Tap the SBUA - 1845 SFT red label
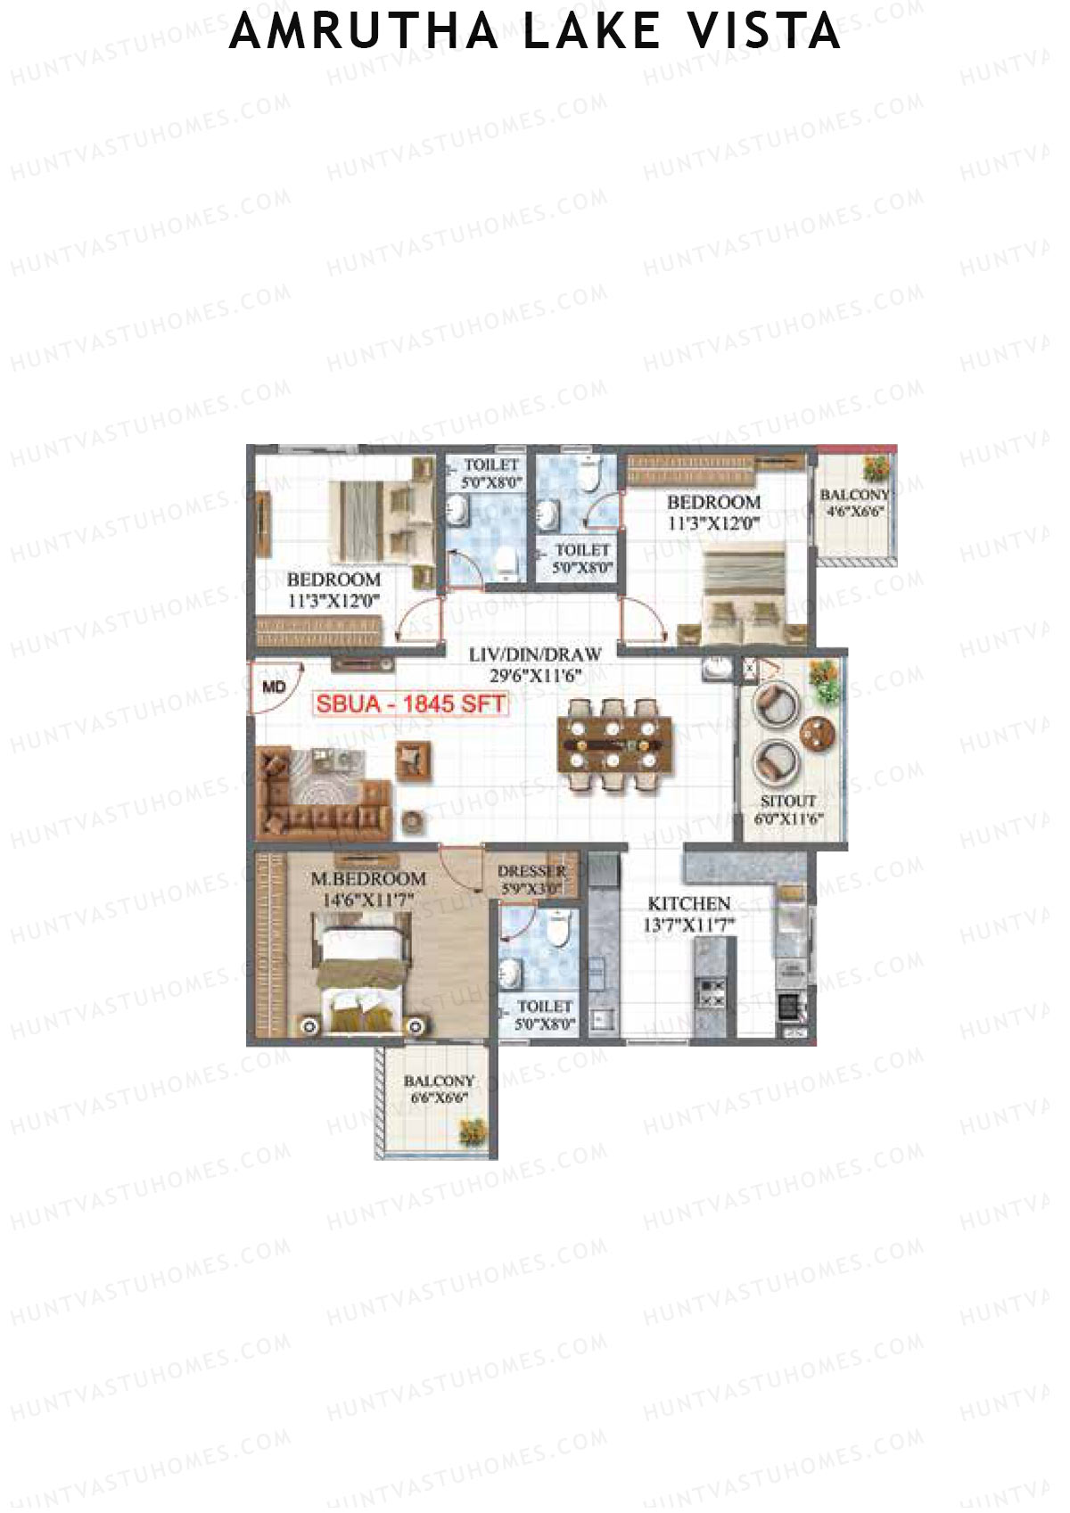[x=411, y=703]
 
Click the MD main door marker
[x=275, y=687]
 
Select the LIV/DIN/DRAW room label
[x=535, y=655]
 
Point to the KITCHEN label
[x=688, y=903]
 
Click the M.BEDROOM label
[x=368, y=879]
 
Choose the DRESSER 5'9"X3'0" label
[x=531, y=879]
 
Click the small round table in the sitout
[x=818, y=735]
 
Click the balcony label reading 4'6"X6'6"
[x=854, y=512]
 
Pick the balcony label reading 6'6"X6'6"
[x=439, y=1098]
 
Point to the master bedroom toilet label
[x=545, y=1015]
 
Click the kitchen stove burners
[x=711, y=993]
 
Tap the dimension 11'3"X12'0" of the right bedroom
[x=713, y=523]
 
